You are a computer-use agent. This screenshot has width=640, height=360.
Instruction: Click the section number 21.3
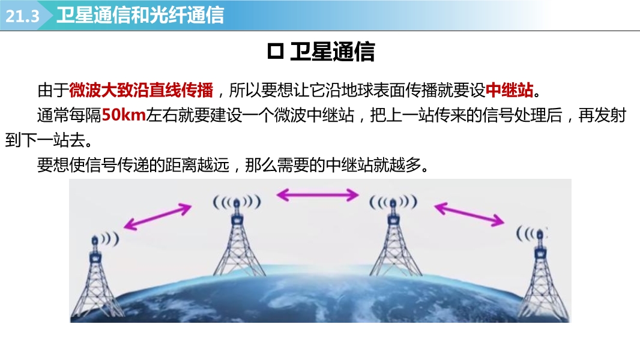click(x=22, y=16)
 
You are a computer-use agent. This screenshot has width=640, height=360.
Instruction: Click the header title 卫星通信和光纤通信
click(x=140, y=15)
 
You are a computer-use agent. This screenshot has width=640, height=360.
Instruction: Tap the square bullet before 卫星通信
click(x=276, y=52)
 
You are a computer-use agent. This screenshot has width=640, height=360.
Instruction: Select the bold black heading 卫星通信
click(x=332, y=52)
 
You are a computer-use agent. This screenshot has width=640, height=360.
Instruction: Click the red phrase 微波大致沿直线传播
click(x=141, y=90)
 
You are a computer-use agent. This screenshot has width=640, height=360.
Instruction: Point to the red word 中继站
click(x=509, y=90)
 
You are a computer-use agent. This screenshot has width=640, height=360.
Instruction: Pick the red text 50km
click(x=124, y=115)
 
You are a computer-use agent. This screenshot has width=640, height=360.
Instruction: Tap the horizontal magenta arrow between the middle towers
click(x=318, y=195)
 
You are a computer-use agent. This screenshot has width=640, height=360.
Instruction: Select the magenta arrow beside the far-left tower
click(x=157, y=217)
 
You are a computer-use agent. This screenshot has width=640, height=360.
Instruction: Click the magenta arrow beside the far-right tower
click(x=469, y=214)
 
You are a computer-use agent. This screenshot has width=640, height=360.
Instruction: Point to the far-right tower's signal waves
click(x=531, y=233)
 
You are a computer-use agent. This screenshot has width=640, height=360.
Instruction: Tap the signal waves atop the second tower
click(x=237, y=202)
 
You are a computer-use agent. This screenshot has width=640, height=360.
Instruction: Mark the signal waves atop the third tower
click(x=393, y=202)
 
